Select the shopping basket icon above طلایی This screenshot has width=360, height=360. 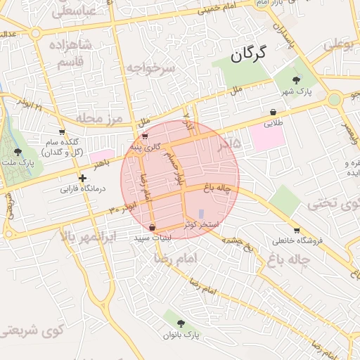click(x=272, y=112)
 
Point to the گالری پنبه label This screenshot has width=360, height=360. click(x=145, y=146)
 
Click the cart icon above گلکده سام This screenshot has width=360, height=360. click(x=62, y=131)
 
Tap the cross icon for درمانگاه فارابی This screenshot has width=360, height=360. click(x=83, y=178)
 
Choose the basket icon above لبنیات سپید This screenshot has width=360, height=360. click(x=153, y=228)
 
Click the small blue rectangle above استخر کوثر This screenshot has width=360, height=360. click(x=202, y=214)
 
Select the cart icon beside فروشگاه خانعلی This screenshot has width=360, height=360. click(x=297, y=230)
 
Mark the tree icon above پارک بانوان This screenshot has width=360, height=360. click(x=181, y=323)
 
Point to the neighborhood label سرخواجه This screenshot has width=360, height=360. click(x=150, y=68)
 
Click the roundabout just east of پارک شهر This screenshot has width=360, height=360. click(x=334, y=99)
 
